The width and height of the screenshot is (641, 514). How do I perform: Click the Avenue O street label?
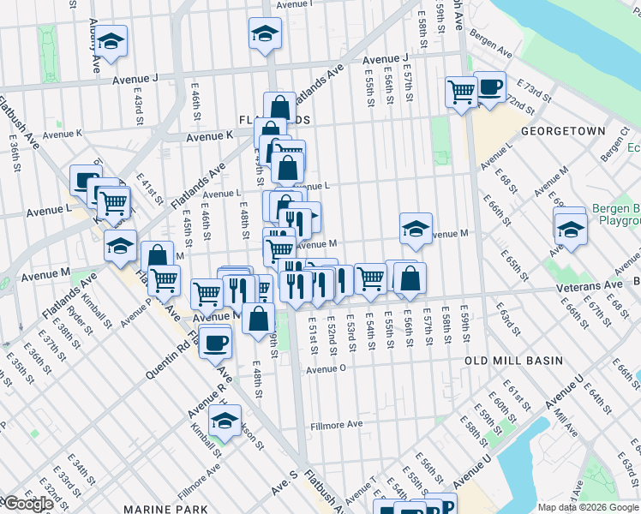tap(326, 368)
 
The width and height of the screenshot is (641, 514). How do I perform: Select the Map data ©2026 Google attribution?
tap(587, 507)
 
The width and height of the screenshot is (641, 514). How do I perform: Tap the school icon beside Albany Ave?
tap(111, 41)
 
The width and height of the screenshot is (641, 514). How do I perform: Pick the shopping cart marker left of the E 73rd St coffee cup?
tap(461, 90)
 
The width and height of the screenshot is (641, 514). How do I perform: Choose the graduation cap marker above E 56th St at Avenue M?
tap(416, 228)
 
